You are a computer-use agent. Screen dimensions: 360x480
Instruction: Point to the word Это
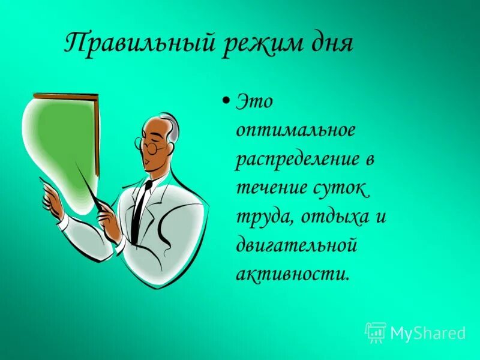[x=256, y=102]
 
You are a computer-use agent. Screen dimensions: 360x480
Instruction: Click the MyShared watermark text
[x=428, y=332]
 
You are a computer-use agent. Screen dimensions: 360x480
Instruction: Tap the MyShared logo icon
[x=376, y=332]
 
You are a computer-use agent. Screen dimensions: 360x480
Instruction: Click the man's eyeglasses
[x=150, y=144]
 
